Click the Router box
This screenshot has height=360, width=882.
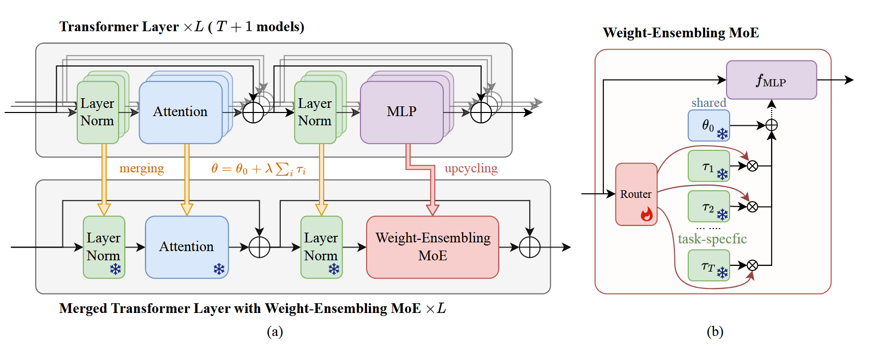point(636,194)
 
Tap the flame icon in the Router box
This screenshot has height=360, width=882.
point(647,214)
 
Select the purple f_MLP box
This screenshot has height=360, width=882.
point(771,80)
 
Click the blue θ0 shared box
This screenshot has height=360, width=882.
point(709,125)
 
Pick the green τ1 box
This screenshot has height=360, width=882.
point(709,166)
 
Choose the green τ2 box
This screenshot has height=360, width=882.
point(709,206)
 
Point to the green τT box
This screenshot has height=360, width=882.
point(709,265)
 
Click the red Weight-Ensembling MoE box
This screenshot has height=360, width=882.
point(433,247)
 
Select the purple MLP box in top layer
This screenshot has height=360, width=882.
point(402,112)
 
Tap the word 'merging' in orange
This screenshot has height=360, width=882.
point(142,168)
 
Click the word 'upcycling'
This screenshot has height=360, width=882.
point(471,168)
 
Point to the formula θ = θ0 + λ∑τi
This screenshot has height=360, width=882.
point(258,169)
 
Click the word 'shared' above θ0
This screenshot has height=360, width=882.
point(709,103)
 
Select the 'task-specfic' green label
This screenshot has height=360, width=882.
point(712,239)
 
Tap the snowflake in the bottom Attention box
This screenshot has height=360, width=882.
point(219,269)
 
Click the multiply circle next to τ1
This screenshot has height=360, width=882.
point(752,166)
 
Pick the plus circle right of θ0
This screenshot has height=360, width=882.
point(772,125)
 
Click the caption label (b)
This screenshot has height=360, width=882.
point(715,332)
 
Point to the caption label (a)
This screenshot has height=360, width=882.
point(275,332)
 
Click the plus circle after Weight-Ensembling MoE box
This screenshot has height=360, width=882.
point(530,247)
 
